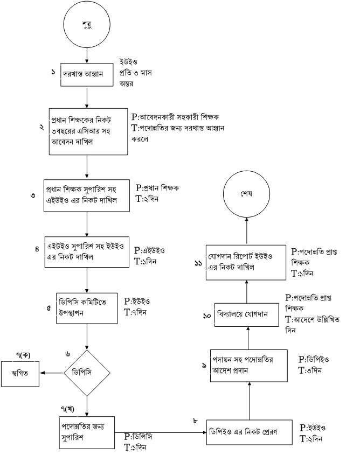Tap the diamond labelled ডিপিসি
pos(87,371)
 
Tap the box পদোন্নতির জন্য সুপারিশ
pos(88,430)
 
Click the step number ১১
pos(198,263)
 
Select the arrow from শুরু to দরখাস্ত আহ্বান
pos(87,55)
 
